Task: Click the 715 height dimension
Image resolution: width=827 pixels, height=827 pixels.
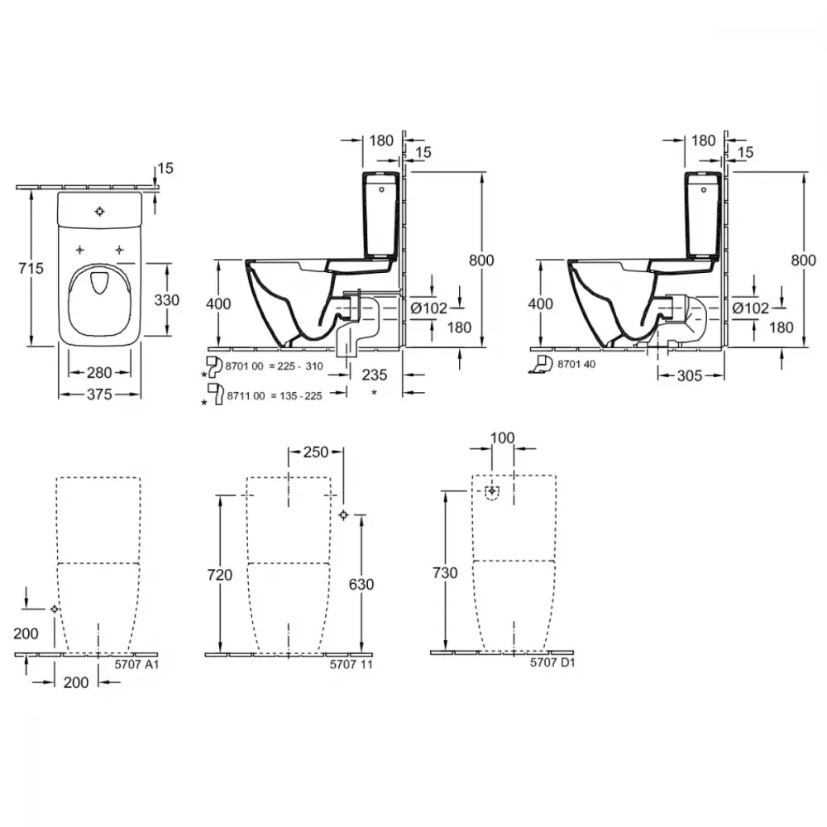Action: pos(31,269)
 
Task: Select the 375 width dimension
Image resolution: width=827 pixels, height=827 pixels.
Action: pos(100,394)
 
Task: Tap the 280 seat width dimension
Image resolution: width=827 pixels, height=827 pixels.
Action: pos(100,372)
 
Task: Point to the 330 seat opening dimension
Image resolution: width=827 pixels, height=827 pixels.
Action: pos(167,300)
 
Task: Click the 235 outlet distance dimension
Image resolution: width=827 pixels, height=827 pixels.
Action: pos(375,375)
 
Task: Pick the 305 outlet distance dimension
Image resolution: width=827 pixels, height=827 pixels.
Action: pos(690,375)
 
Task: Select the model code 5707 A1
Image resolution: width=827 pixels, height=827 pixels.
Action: pos(136,665)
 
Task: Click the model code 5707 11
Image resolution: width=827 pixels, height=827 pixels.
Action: pos(351,665)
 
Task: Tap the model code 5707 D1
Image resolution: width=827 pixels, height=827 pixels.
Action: pos(552,662)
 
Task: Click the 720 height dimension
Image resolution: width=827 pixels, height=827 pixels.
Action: pos(220,575)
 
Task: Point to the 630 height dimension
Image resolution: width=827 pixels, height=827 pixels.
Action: pos(361,584)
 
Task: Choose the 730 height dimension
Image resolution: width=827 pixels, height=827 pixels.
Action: pos(445,573)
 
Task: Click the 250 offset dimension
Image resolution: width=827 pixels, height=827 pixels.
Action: pos(316,452)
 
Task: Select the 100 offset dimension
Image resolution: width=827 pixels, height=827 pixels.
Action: pos(502,437)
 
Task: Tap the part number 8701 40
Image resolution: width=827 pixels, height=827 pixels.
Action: pos(576,364)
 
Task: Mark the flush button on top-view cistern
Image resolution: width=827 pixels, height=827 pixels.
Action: pos(100,212)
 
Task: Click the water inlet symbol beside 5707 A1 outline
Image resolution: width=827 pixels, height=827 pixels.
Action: pos(55,609)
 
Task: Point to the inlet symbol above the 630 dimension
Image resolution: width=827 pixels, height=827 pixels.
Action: pos(343,514)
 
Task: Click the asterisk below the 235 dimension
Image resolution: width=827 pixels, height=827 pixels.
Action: pos(375,392)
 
